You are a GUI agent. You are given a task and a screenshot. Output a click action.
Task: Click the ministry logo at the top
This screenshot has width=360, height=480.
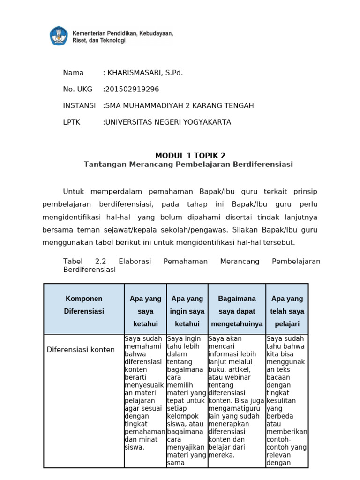coord(59,36)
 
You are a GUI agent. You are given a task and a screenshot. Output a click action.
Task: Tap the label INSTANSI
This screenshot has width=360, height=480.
coord(79,105)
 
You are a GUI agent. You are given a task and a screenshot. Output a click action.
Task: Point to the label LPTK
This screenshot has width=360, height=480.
coord(72,122)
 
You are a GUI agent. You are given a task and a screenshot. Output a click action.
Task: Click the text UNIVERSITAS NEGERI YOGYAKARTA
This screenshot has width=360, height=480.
coord(168,122)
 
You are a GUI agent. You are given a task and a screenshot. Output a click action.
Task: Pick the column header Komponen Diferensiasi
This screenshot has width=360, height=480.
coord(84,305)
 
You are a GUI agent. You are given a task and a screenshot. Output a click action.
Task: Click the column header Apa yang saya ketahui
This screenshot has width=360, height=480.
coord(145,311)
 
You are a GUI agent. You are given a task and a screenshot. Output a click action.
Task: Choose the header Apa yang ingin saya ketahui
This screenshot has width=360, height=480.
coord(187,311)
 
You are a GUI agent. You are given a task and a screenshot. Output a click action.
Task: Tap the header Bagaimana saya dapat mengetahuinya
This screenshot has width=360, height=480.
coord(237,311)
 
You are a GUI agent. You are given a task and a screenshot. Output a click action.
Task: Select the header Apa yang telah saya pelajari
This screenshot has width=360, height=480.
coord(287,311)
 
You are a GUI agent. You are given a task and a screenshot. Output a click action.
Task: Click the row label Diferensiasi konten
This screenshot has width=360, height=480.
coord(81,350)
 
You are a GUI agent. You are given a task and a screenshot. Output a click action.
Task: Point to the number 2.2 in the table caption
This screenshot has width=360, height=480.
coord(101,261)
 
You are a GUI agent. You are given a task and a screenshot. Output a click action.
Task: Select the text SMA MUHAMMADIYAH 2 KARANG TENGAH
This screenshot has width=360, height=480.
coord(180,105)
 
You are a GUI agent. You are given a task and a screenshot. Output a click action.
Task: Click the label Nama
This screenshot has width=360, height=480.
coord(73,73)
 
